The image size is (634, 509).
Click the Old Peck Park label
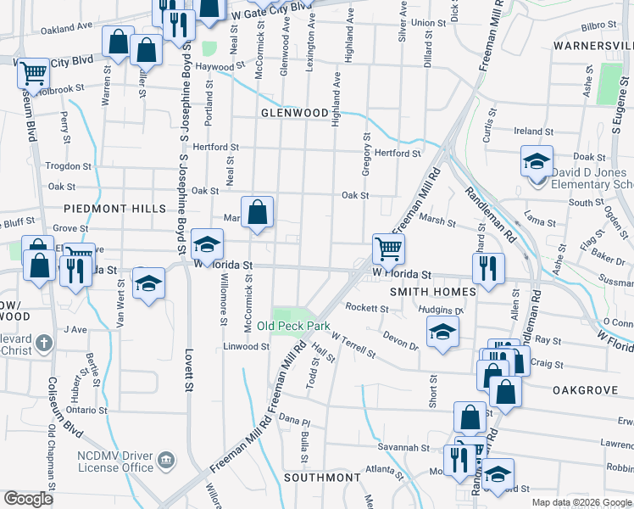293,326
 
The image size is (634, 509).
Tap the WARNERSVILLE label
593,44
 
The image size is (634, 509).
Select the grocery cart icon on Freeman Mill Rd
388,249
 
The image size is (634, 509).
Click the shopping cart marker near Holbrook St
33,73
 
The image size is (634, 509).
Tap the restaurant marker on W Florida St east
488,268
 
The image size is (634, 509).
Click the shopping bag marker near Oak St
258,212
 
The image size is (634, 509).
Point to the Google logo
28,499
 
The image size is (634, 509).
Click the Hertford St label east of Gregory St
398,154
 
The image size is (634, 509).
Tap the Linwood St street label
246,347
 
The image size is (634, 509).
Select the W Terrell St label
353,344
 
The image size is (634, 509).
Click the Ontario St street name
86,410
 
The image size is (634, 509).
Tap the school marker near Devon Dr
442,333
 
